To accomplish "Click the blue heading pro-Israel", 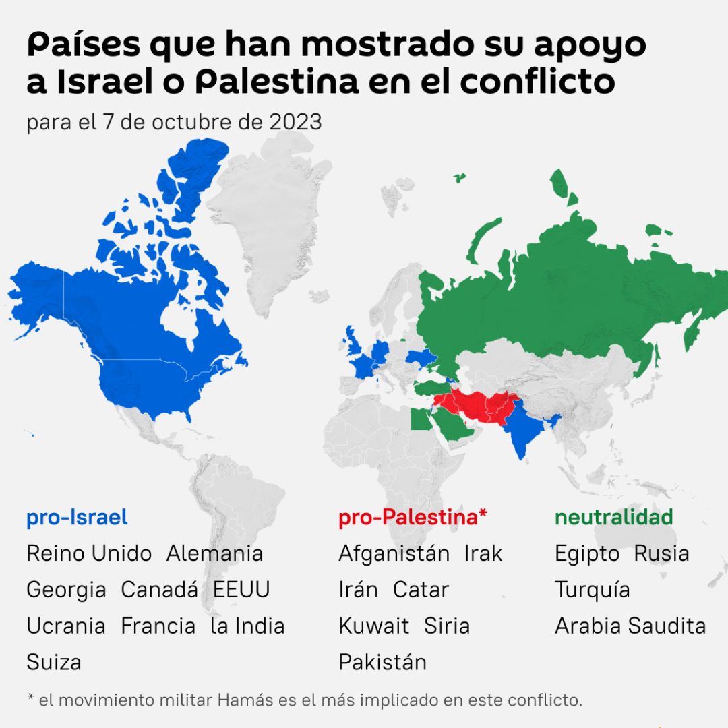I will coord(77,518).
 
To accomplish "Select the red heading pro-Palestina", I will coord(413,518).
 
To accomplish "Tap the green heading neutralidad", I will coord(613,518).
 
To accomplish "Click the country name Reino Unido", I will coord(89,554).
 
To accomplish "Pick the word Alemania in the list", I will coord(214,554).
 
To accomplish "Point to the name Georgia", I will coord(66,590).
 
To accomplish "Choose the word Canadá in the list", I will coord(159,590).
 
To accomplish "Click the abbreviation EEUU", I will coord(241,590).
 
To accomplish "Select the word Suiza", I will coord(54,662).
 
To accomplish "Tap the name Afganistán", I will coord(394,554).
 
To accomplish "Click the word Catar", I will coord(421,590).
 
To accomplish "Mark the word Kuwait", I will coord(373,626).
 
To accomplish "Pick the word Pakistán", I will coord(382,662).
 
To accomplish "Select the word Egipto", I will coord(587,555).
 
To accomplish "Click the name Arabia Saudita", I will coord(630,626).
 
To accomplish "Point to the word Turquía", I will coord(593,590).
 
